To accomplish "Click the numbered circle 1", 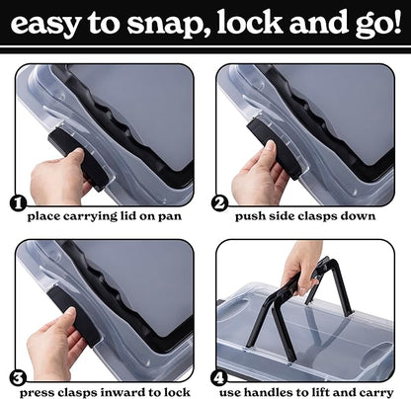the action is pyautogui.click(x=18, y=203).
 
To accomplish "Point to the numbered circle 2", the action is pyautogui.click(x=219, y=203).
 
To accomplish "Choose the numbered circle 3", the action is pyautogui.click(x=18, y=378).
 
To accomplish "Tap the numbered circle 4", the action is pyautogui.click(x=219, y=378).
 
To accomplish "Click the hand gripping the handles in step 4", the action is pyautogui.click(x=299, y=265).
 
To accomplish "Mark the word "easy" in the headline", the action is pyautogui.click(x=46, y=24).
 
